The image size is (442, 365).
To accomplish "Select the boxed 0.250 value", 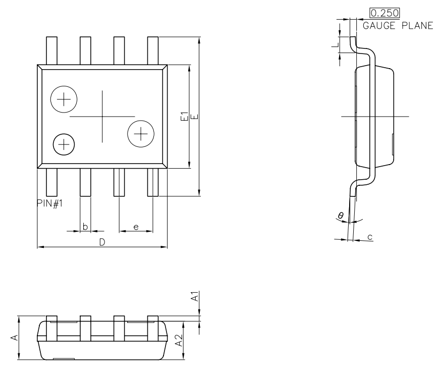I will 381,14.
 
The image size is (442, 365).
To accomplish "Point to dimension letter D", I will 102,242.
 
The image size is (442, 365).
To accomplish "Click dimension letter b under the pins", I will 85,227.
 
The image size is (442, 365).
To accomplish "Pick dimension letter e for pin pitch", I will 136,227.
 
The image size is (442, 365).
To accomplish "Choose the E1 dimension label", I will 185,117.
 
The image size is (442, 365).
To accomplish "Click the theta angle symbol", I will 341,216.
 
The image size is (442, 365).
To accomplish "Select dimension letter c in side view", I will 370,236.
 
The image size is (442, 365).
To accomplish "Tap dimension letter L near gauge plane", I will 334,44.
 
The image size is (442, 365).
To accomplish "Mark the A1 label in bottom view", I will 194,296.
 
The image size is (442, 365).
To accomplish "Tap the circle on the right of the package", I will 141,133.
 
